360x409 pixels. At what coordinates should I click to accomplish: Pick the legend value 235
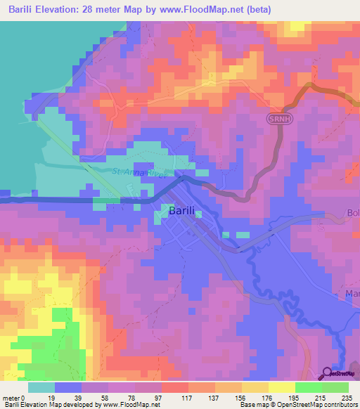pyautogui.click(x=345, y=397)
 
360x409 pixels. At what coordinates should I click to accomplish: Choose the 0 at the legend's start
pyautogui.click(x=24, y=397)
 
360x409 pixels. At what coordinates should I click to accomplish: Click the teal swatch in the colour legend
pyautogui.click(x=41, y=387)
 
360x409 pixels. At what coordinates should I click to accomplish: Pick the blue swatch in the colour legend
pyautogui.click(x=68, y=387)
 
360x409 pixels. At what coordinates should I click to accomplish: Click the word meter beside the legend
pyautogui.click(x=11, y=397)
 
